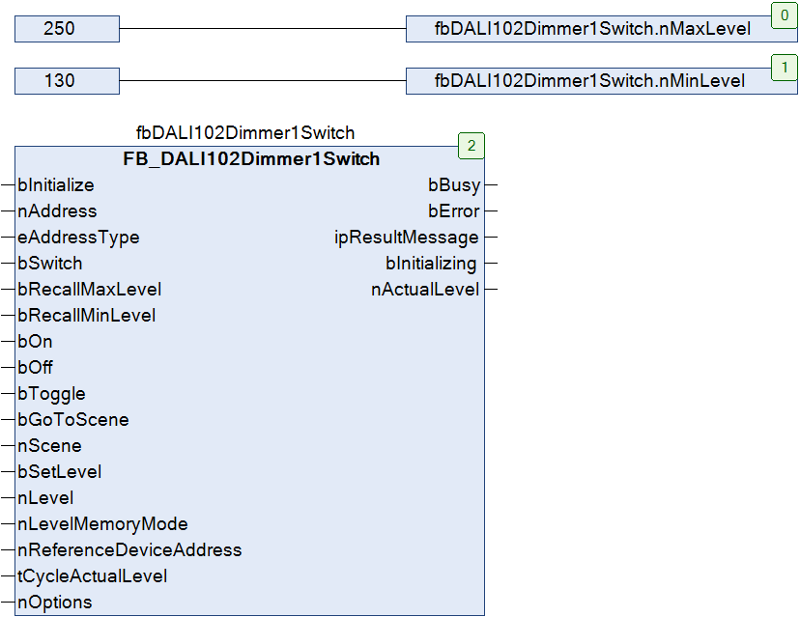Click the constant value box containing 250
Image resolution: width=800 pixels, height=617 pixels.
[x=67, y=29]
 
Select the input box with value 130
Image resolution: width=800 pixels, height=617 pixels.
[x=67, y=80]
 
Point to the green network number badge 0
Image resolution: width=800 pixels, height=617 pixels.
[x=785, y=15]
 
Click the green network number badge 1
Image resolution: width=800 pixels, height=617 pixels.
[x=785, y=68]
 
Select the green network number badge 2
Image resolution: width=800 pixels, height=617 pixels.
[x=471, y=146]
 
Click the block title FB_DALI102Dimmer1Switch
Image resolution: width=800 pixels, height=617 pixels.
[x=251, y=159]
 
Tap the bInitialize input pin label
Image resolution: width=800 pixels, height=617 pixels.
[x=56, y=185]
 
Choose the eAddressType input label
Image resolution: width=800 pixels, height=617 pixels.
[x=78, y=238]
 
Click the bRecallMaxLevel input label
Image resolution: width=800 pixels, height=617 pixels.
[x=90, y=290]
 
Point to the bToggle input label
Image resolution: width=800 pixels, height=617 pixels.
[x=51, y=394]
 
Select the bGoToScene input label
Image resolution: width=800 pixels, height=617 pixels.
[x=73, y=420]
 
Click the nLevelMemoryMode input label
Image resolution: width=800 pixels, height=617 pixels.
[x=103, y=524]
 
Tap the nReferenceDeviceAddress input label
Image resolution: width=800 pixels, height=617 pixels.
[x=130, y=550]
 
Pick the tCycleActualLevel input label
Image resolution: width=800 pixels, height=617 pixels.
[x=93, y=576]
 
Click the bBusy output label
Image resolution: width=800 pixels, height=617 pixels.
[x=454, y=185]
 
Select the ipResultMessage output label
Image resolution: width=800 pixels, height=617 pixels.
[x=407, y=238]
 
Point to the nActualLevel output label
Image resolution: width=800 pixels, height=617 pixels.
[x=425, y=290]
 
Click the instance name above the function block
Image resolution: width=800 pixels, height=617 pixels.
[x=245, y=133]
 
